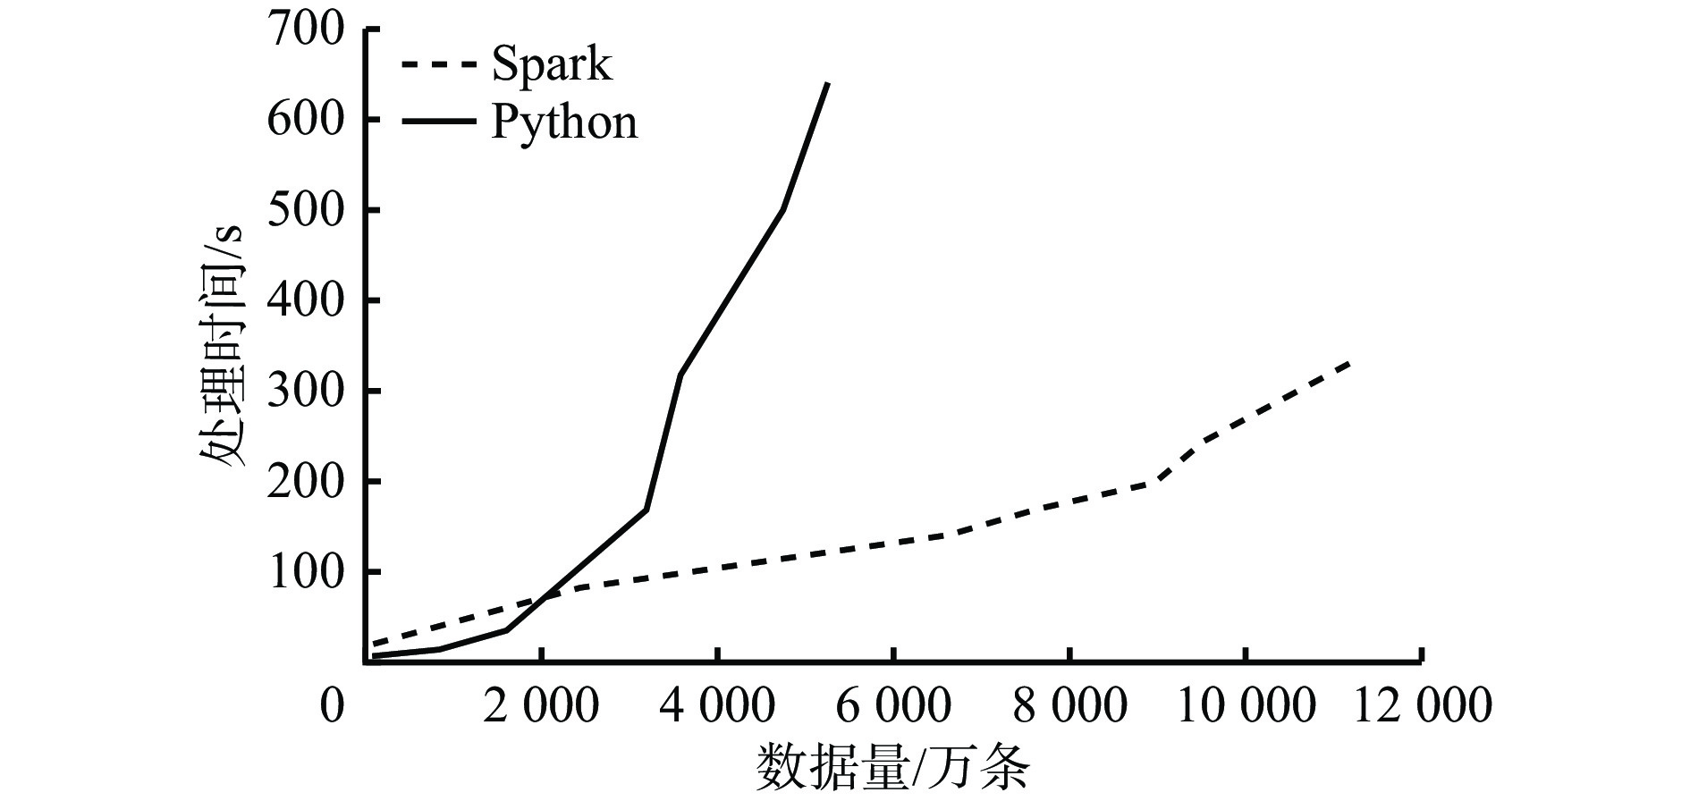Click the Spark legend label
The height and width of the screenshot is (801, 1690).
click(552, 65)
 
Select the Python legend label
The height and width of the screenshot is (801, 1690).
click(565, 122)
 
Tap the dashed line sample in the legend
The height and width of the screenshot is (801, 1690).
click(437, 65)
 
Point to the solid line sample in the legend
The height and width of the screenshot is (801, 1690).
click(437, 120)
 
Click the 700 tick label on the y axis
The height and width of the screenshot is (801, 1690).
click(305, 30)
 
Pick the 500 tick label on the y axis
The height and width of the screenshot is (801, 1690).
click(305, 210)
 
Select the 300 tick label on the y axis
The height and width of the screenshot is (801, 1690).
click(305, 391)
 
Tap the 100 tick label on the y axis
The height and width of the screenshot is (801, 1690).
click(305, 571)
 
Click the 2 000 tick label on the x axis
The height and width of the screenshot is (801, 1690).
click(541, 707)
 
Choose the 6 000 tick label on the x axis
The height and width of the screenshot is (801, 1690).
click(893, 707)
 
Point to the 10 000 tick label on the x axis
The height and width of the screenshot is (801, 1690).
click(1246, 707)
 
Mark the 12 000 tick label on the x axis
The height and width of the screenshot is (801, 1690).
click(1422, 707)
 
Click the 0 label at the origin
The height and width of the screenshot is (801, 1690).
click(332, 707)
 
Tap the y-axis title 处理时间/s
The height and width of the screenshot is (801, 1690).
click(223, 345)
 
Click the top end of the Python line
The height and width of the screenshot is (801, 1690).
click(827, 83)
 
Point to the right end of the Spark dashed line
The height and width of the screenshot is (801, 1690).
click(1348, 363)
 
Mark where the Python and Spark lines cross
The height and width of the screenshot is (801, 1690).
click(545, 596)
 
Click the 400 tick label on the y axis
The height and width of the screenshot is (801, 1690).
click(305, 300)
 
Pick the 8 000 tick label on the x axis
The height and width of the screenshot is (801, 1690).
click(1069, 707)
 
